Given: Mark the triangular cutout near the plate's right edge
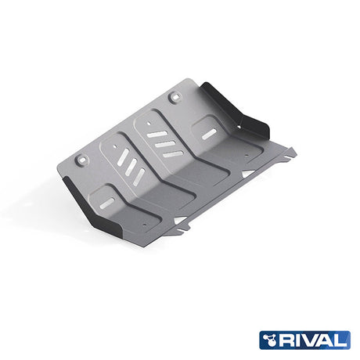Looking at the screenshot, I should click(x=247, y=171).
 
